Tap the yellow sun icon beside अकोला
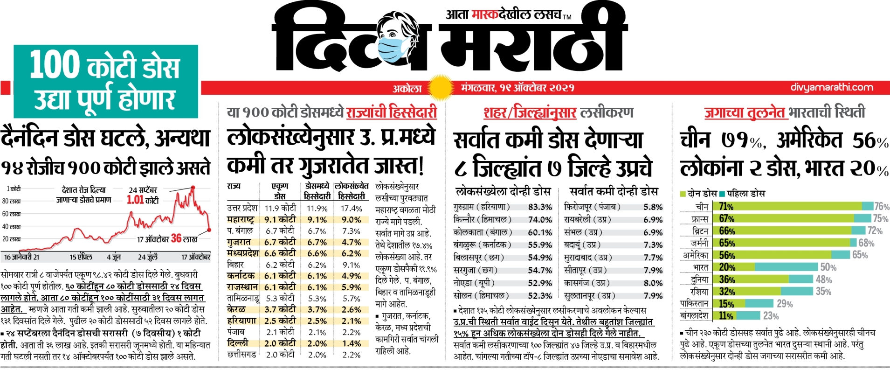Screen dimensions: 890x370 pyautogui.click(x=440, y=88)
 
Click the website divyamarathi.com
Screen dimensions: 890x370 pyautogui.click(x=832, y=87)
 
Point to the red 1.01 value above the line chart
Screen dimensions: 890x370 pyautogui.click(x=135, y=200)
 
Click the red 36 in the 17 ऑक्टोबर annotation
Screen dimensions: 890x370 pyautogui.click(x=176, y=238)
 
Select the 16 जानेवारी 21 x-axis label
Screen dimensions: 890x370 pyautogui.click(x=21, y=257)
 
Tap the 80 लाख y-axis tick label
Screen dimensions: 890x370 pyautogui.click(x=11, y=201)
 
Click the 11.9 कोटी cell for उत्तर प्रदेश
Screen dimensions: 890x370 pyautogui.click(x=280, y=208)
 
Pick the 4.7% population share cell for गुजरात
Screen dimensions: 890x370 pyautogui.click(x=351, y=242)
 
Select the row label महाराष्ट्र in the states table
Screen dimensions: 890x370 pyautogui.click(x=241, y=219)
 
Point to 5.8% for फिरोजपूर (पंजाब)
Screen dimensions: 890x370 pyautogui.click(x=653, y=207)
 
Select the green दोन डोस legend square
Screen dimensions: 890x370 pyautogui.click(x=683, y=194)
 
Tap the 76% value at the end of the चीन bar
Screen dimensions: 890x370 pyautogui.click(x=882, y=206)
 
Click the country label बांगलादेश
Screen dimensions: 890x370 pyautogui.click(x=694, y=316)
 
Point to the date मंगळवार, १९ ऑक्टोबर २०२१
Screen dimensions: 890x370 pyautogui.click(x=517, y=88)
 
